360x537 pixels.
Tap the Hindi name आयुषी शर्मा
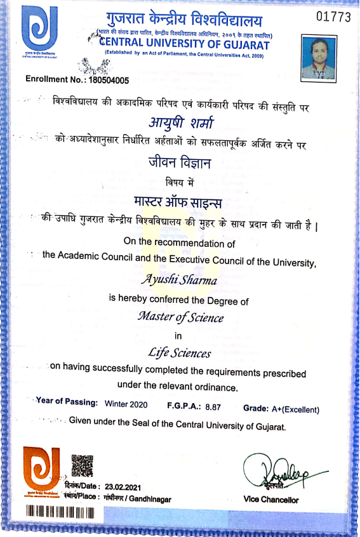coord(180,123)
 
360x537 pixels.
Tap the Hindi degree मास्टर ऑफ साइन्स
coord(180,201)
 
